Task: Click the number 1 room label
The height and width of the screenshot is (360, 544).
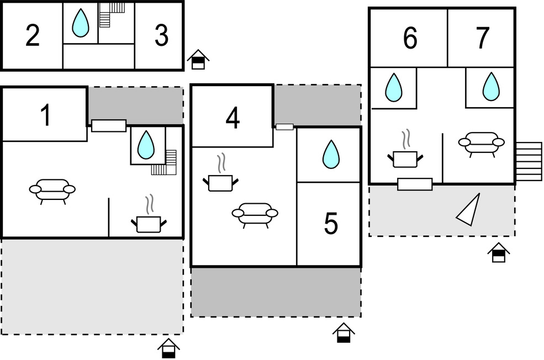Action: coord(46,115)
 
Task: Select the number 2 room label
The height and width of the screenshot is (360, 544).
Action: coord(33,36)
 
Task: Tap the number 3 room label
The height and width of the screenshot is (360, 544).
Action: coord(161,36)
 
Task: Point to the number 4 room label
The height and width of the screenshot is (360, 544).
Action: coord(233,119)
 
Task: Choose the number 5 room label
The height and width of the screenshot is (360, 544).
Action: coord(330,224)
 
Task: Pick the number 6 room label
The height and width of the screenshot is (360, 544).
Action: coord(409,38)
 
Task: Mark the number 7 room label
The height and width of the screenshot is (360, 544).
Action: coord(482,38)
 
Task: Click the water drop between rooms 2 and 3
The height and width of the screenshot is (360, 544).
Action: coord(81,24)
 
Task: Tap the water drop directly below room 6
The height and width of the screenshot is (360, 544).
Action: coord(393,87)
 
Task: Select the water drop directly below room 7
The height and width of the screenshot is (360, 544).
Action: coord(490,87)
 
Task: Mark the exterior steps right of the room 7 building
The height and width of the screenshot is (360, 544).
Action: coord(529,161)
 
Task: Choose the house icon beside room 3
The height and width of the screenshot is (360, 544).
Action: coord(198,59)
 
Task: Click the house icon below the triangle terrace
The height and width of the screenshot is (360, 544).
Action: coord(498,252)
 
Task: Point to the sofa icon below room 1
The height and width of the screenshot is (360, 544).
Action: coord(52,190)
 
